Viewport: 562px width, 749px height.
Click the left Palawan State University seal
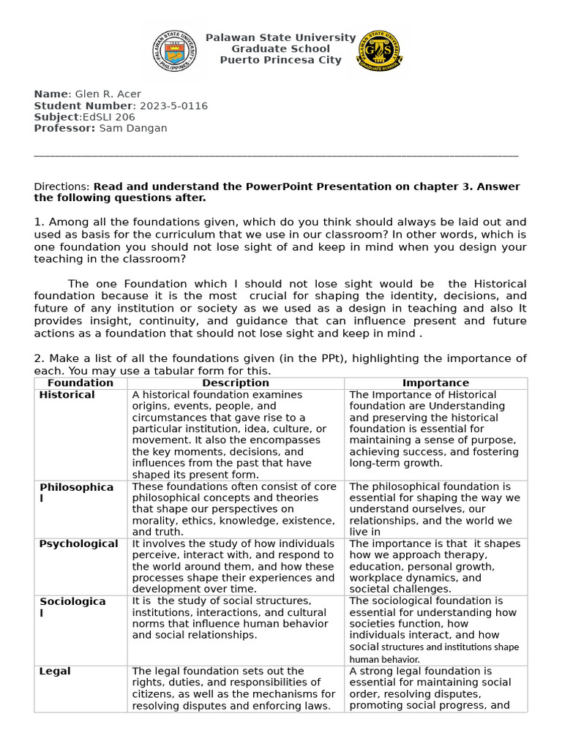pyautogui.click(x=174, y=51)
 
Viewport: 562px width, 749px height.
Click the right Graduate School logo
pyautogui.click(x=378, y=51)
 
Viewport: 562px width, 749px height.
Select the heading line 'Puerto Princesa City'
pyautogui.click(x=280, y=60)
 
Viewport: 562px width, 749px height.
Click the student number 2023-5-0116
pyautogui.click(x=173, y=106)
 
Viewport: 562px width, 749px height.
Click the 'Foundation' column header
pyautogui.click(x=80, y=383)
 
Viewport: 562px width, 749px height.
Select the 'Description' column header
pyautogui.click(x=236, y=383)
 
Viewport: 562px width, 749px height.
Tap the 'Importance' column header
pyautogui.click(x=435, y=383)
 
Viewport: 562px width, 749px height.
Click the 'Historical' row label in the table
pyautogui.click(x=67, y=395)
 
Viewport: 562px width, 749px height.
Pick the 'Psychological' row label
pyautogui.click(x=78, y=544)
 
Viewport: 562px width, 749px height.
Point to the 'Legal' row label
pyautogui.click(x=55, y=671)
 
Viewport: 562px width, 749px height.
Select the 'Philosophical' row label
pyautogui.click(x=76, y=492)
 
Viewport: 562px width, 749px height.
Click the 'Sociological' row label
pyautogui.click(x=72, y=607)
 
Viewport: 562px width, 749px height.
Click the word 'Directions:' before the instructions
pyautogui.click(x=62, y=187)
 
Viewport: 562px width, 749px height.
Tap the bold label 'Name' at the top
pyautogui.click(x=50, y=94)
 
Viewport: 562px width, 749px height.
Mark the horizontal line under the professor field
pyautogui.click(x=276, y=155)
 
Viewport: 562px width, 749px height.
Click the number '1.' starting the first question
pyautogui.click(x=40, y=222)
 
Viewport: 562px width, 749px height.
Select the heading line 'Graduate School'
pyautogui.click(x=280, y=49)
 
